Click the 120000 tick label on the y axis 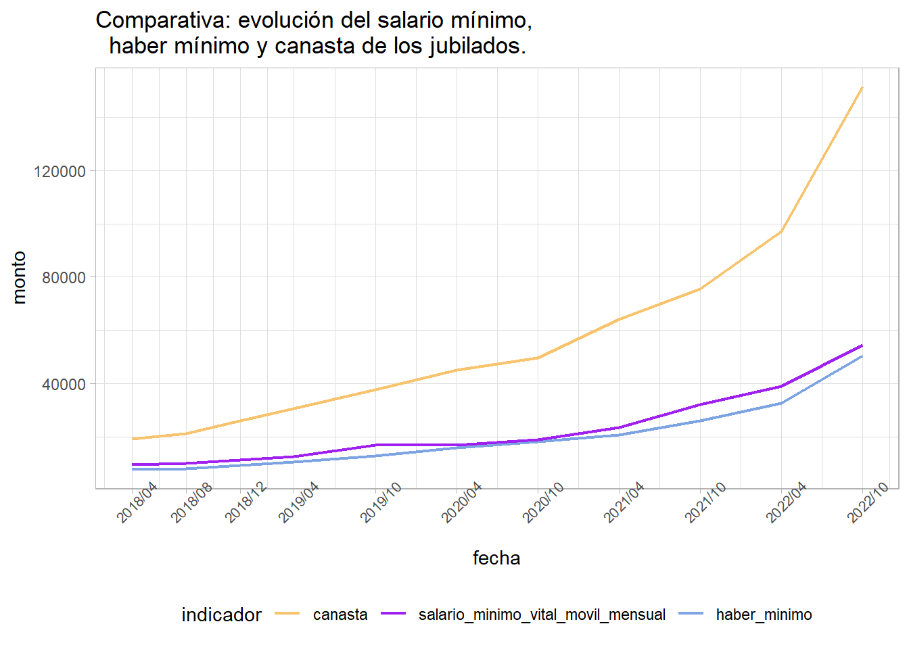pyautogui.click(x=60, y=172)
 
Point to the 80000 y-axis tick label pyautogui.click(x=64, y=278)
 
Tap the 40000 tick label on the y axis pyautogui.click(x=64, y=384)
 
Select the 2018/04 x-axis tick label pyautogui.click(x=137, y=502)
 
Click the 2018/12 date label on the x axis pyautogui.click(x=246, y=502)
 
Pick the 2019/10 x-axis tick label pyautogui.click(x=381, y=502)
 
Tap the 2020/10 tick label pyautogui.click(x=543, y=502)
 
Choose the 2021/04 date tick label pyautogui.click(x=624, y=502)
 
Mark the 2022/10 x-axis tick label pyautogui.click(x=868, y=502)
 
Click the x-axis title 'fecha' pyautogui.click(x=496, y=558)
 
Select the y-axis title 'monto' pyautogui.click(x=20, y=278)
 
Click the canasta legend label pyautogui.click(x=340, y=615)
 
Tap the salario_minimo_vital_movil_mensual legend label pyautogui.click(x=542, y=615)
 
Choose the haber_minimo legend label pyautogui.click(x=764, y=615)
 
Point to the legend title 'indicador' pyautogui.click(x=221, y=615)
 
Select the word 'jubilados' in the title pyautogui.click(x=477, y=46)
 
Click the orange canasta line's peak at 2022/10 pyautogui.click(x=862, y=87)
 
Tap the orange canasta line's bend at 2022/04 pyautogui.click(x=781, y=232)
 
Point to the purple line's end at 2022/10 pyautogui.click(x=862, y=345)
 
